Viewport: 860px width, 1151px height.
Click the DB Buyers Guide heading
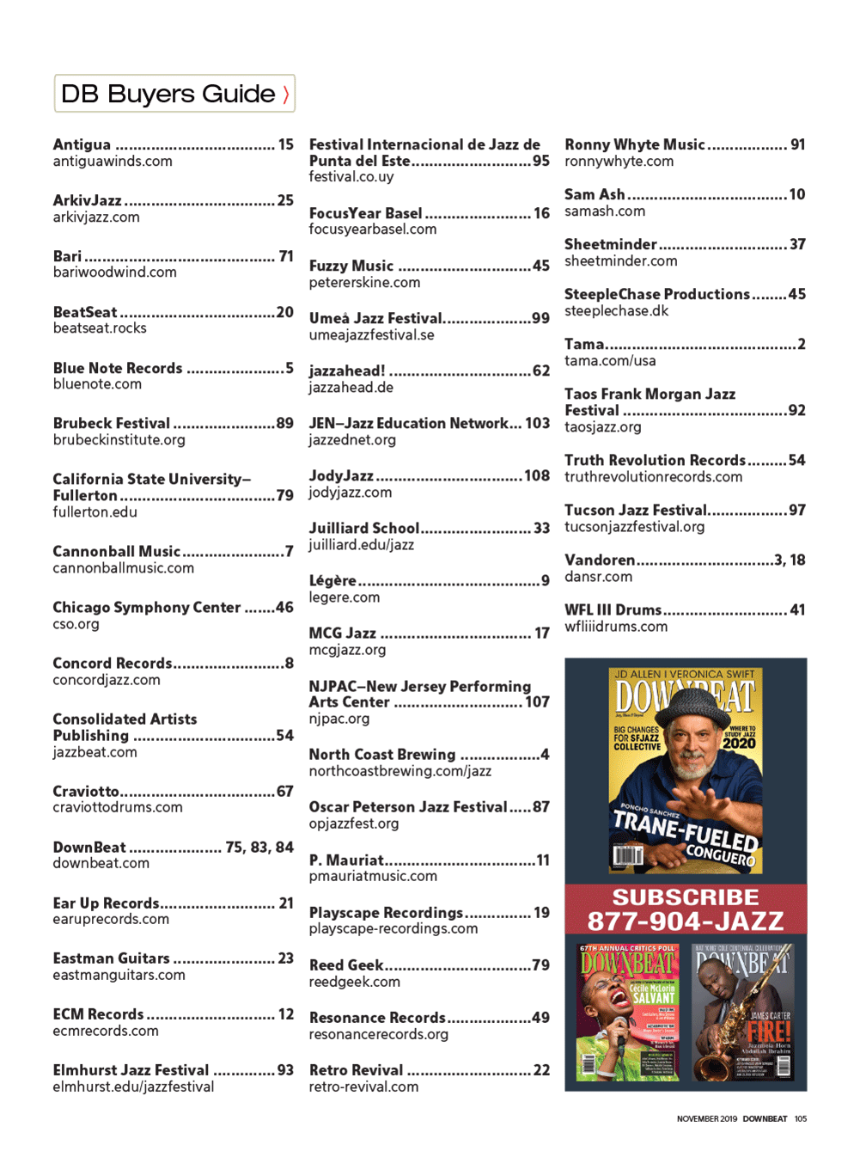click(168, 94)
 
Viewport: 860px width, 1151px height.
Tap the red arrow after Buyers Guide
click(286, 95)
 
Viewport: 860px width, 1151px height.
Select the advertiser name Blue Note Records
click(118, 368)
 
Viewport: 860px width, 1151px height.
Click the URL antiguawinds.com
click(113, 162)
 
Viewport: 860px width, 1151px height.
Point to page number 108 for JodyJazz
click(537, 475)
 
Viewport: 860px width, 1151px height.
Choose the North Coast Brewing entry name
click(382, 755)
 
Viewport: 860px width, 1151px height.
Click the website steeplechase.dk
click(616, 311)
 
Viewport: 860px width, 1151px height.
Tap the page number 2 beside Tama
click(802, 344)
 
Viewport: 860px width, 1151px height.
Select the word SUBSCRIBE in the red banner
click(685, 897)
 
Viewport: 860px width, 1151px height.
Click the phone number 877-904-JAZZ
click(685, 921)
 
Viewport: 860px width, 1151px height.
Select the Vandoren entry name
click(600, 560)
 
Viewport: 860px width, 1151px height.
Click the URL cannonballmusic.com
click(124, 568)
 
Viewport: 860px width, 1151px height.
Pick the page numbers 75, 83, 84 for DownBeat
click(259, 848)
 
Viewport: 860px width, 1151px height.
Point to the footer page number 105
click(801, 1119)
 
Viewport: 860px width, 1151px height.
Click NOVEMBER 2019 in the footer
click(706, 1119)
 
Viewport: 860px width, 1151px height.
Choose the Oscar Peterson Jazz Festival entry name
click(408, 807)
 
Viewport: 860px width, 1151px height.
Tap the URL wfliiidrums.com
click(616, 627)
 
